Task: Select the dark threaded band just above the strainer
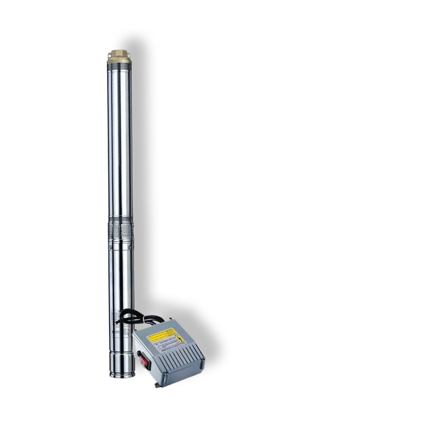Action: click(x=121, y=219)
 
